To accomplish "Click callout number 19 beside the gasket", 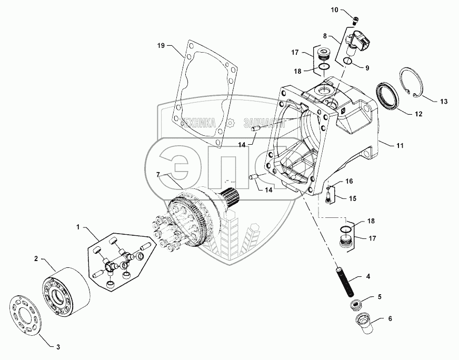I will [161, 46].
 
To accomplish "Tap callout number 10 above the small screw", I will [336, 9].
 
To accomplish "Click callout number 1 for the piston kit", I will [78, 227].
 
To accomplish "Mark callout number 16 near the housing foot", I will [348, 181].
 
